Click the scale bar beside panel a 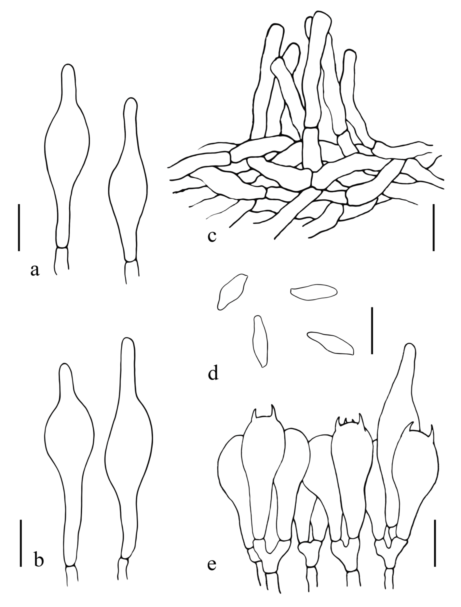[x=19, y=227]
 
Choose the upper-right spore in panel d [x=314, y=291]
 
